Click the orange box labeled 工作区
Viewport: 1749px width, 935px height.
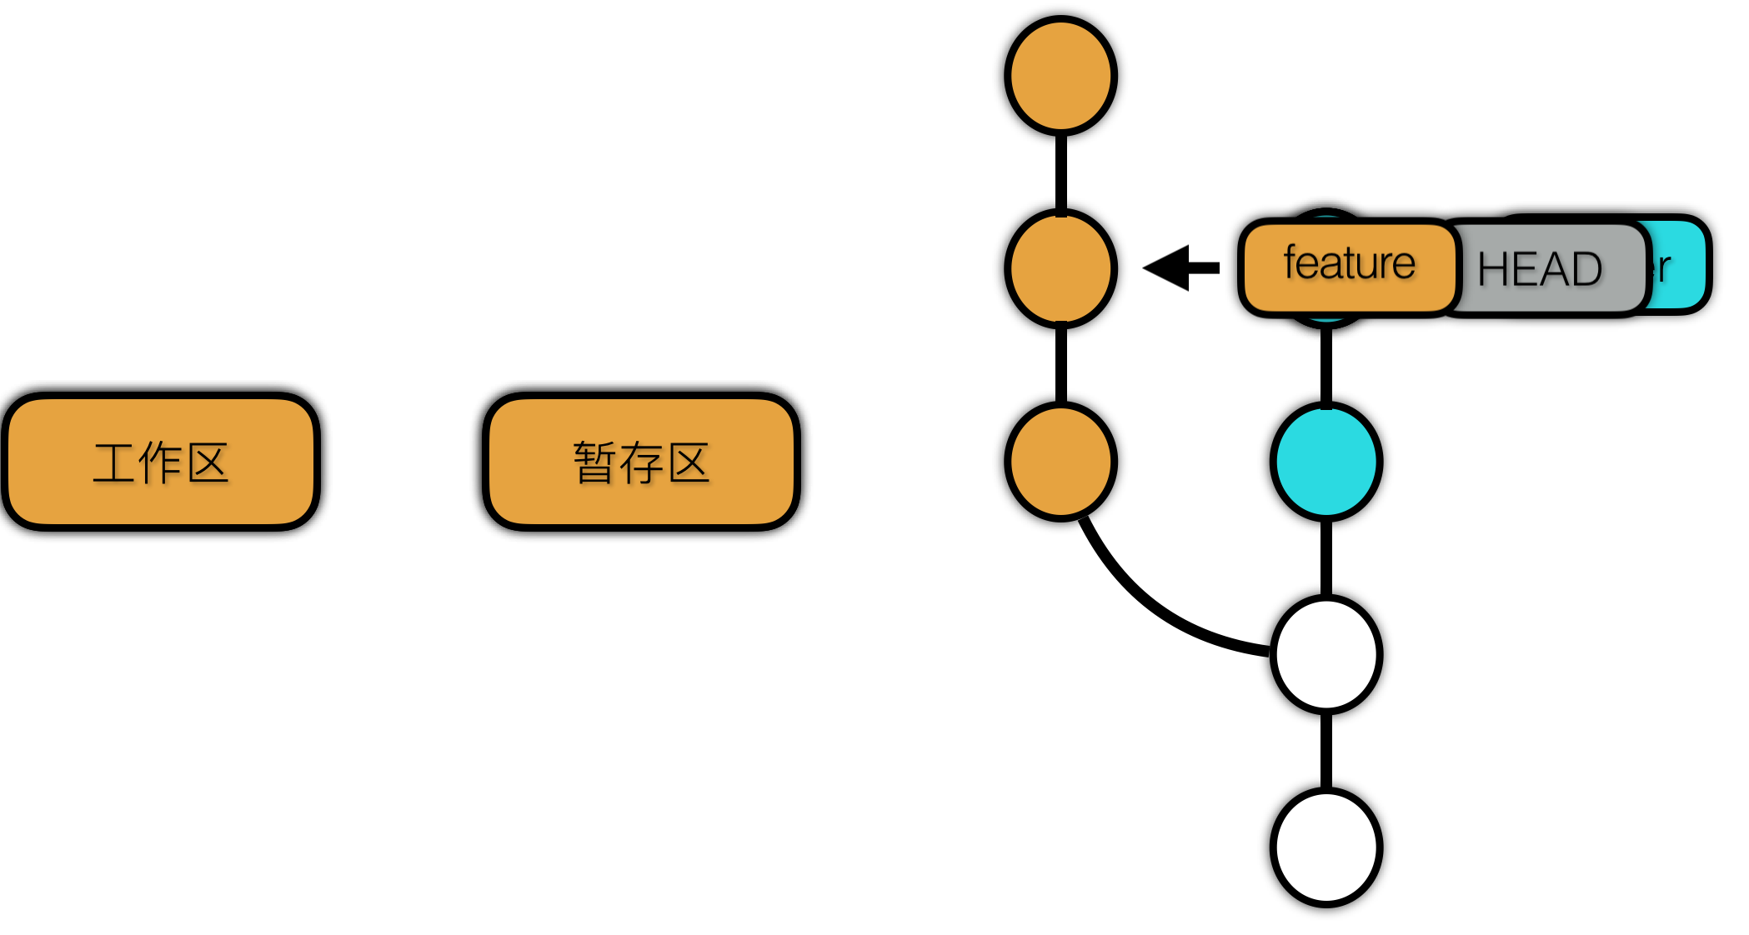(x=161, y=461)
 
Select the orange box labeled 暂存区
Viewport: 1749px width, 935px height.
(x=641, y=461)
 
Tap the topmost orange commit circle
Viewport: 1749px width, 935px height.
(x=1060, y=76)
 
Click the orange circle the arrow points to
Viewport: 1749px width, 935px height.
(x=1060, y=268)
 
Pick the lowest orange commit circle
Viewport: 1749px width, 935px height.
(x=1060, y=461)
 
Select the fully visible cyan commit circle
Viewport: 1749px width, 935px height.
(x=1326, y=461)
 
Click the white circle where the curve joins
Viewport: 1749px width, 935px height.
(x=1326, y=654)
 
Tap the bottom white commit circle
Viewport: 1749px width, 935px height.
(x=1326, y=847)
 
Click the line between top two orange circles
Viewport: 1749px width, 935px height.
(x=1060, y=172)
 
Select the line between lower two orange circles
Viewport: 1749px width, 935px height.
(x=1060, y=365)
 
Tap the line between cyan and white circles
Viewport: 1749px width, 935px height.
(x=1326, y=557)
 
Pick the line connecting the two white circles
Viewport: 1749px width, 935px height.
(x=1326, y=750)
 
